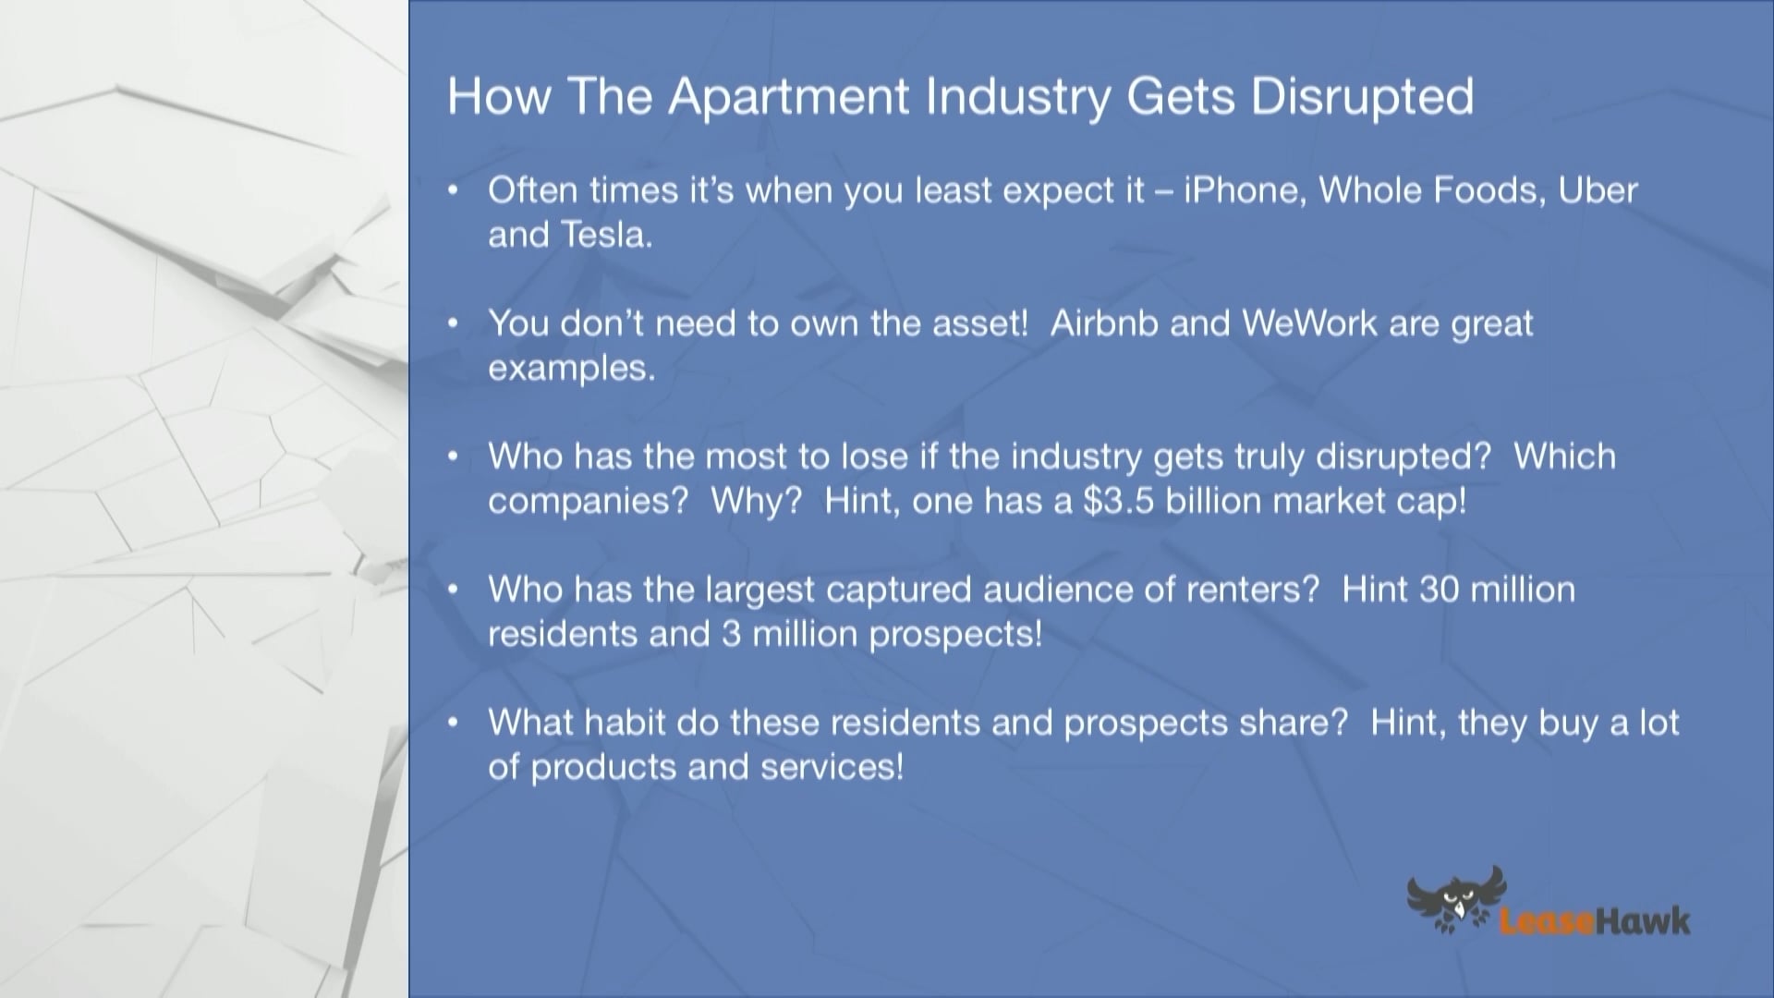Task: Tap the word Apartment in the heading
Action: coord(789,97)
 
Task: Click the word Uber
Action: coord(1598,190)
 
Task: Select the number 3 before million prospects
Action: coord(731,634)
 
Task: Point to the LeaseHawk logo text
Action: coord(1594,921)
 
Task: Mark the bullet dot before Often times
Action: coord(453,190)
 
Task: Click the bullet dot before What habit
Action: coord(453,723)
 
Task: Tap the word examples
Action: coord(571,368)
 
